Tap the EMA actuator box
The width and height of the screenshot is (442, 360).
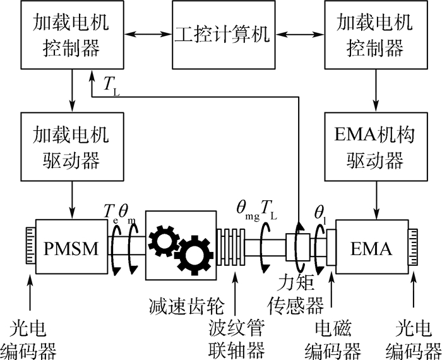pyautogui.click(x=372, y=248)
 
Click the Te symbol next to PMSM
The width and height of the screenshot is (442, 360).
pyautogui.click(x=111, y=208)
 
